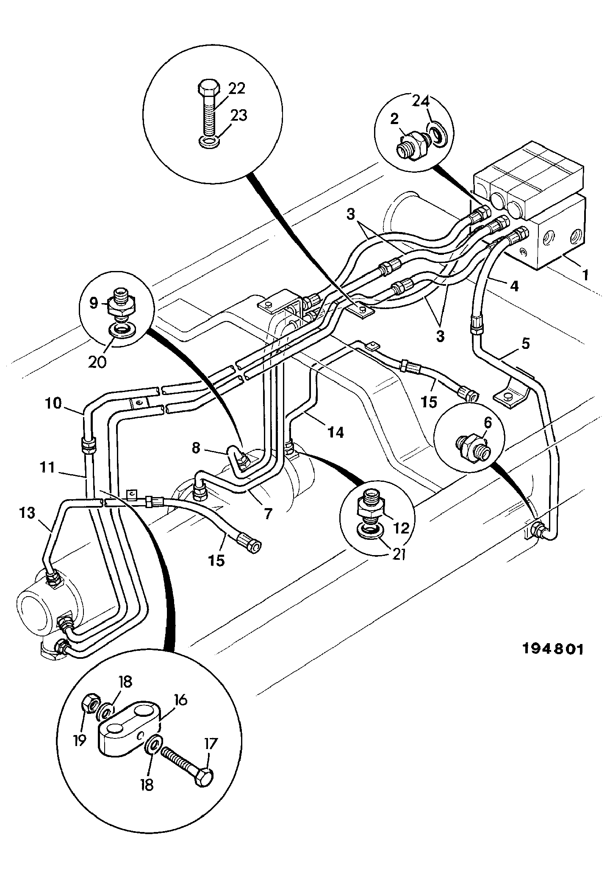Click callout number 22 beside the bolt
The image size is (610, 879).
pyautogui.click(x=237, y=89)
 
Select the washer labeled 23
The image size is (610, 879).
pyautogui.click(x=208, y=142)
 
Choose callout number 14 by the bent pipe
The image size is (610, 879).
pyautogui.click(x=335, y=432)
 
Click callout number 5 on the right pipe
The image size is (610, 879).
pyautogui.click(x=525, y=343)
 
